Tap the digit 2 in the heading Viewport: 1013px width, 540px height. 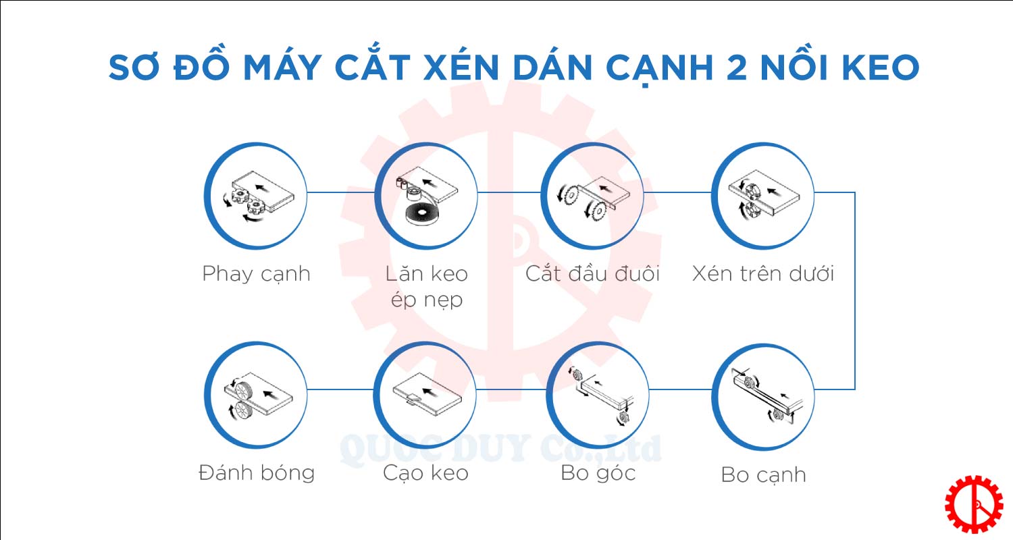click(736, 67)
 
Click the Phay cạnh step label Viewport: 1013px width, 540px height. click(256, 274)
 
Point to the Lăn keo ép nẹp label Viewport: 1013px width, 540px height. click(426, 286)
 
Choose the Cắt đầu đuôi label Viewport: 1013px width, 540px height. click(592, 273)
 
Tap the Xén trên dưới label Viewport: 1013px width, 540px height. click(763, 273)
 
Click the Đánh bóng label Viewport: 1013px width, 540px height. click(257, 473)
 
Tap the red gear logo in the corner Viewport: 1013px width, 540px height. click(974, 504)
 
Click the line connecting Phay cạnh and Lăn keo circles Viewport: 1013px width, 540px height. click(341, 192)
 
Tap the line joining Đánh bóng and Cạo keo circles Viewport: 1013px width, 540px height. click(340, 389)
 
